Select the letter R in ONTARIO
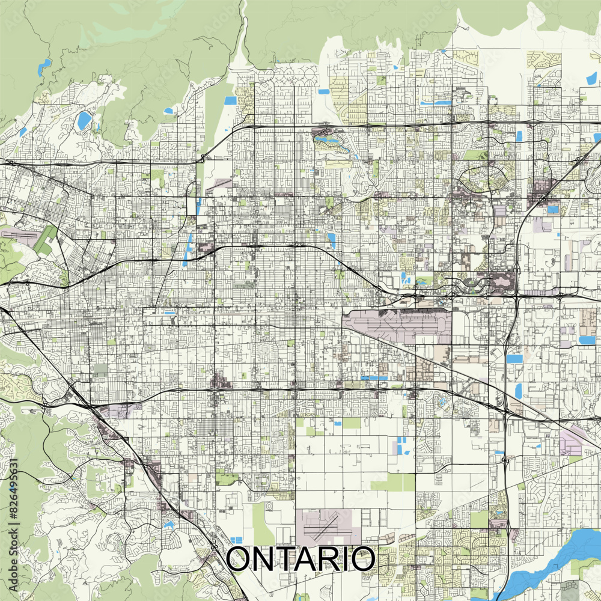pos(337,560)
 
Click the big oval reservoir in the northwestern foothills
pos(84,120)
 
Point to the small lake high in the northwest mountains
pos(44,67)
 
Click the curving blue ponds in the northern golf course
pos(329,142)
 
